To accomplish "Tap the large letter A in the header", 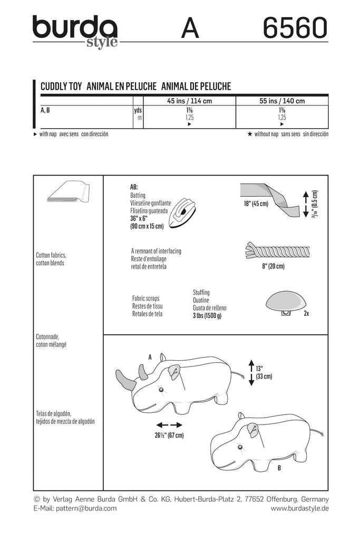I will click(x=190, y=28).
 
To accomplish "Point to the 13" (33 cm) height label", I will click(x=264, y=372).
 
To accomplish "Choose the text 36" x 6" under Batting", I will click(x=142, y=218).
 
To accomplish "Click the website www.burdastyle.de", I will click(x=299, y=509).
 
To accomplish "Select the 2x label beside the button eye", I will click(x=306, y=313).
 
